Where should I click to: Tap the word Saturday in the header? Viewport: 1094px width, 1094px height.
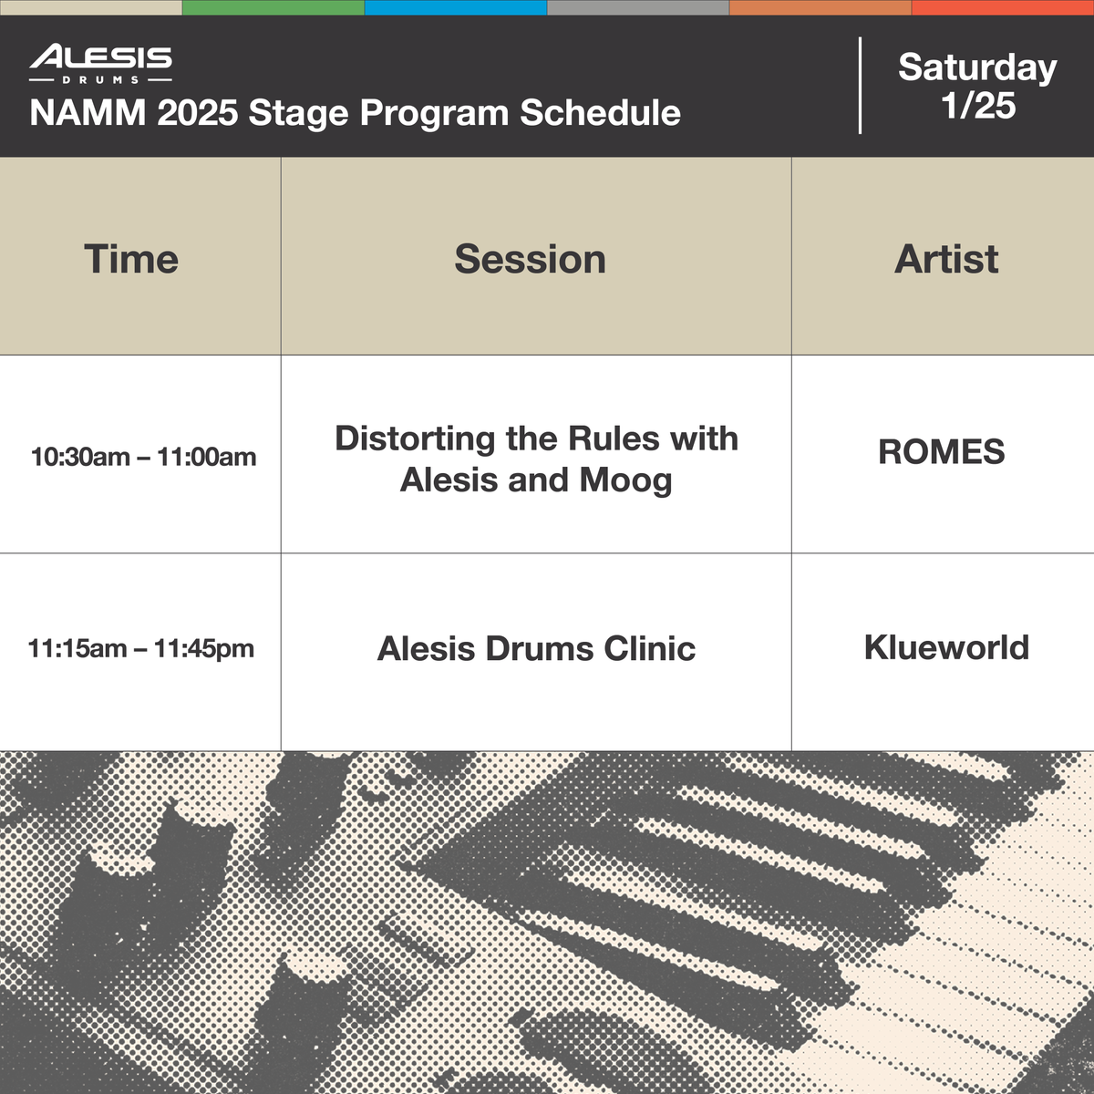(x=977, y=67)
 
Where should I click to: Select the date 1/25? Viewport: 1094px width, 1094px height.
(x=978, y=106)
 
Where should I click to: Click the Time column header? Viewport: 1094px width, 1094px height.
(x=131, y=259)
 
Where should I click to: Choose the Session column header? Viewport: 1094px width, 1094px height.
(x=530, y=259)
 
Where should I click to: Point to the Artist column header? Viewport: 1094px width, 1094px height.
(x=946, y=259)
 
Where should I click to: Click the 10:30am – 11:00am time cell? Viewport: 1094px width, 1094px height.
(x=143, y=457)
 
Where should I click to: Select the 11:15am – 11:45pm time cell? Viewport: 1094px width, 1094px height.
(x=140, y=649)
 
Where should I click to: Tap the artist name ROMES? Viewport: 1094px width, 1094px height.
(x=941, y=452)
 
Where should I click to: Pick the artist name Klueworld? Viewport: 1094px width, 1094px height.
(x=946, y=647)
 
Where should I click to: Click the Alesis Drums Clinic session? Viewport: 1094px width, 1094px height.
(x=536, y=649)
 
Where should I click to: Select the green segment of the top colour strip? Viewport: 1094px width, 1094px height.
(x=273, y=7)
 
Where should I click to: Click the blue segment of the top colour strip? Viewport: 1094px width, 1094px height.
(x=456, y=7)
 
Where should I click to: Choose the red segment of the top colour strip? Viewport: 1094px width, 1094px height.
(x=1003, y=7)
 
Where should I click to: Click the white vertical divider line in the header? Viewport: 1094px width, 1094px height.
(x=860, y=86)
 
